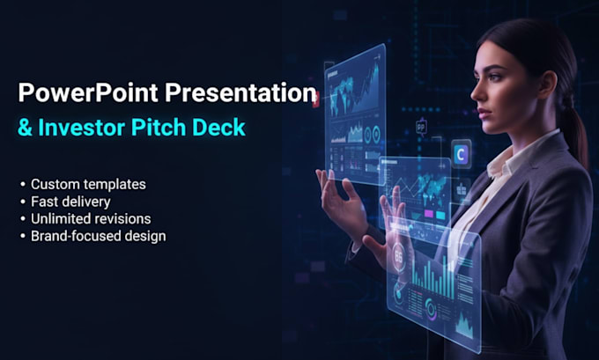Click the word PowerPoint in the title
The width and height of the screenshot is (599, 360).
(x=88, y=92)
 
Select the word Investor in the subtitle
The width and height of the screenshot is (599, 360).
(x=82, y=128)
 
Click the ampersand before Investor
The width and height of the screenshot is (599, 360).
(x=25, y=128)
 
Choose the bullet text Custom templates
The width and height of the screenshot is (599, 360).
(x=88, y=184)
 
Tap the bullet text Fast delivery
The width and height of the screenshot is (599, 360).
(x=70, y=202)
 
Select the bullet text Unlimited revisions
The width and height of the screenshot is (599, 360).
(x=91, y=219)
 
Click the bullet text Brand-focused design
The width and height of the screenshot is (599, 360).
(x=99, y=236)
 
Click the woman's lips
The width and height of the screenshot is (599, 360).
(x=483, y=113)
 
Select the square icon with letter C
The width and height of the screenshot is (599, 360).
(x=461, y=154)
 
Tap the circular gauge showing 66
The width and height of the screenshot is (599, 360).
(x=397, y=256)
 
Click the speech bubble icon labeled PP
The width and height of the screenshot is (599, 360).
(x=421, y=127)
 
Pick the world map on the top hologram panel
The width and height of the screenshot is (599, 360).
(x=345, y=92)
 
